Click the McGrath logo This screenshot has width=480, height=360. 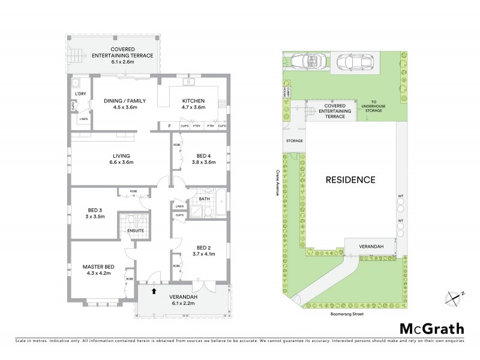click(x=431, y=328)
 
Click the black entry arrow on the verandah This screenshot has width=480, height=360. click(x=154, y=291)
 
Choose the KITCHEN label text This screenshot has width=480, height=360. click(x=193, y=100)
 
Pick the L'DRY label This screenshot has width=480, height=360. click(x=80, y=95)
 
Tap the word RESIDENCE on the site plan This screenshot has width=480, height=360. click(x=350, y=179)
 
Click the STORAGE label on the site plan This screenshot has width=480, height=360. click(x=295, y=141)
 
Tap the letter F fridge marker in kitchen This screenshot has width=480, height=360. click(x=170, y=126)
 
